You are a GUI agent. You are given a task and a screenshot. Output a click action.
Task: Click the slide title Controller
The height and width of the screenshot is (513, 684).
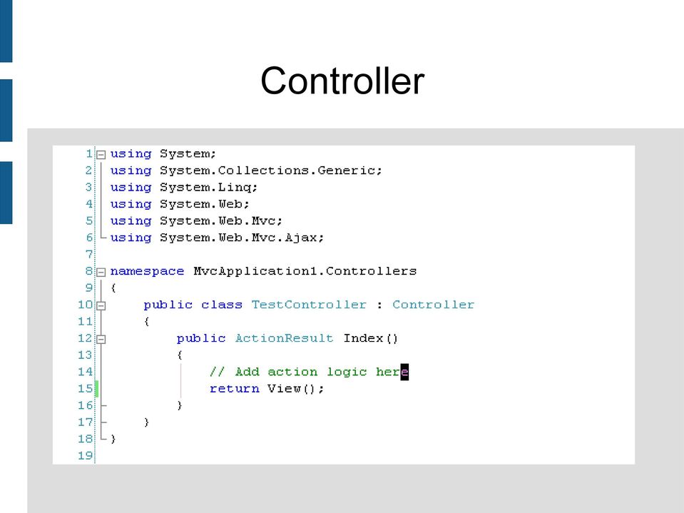coord(342,81)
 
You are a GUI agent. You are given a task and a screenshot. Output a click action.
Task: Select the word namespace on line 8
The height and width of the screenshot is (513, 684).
coord(147,271)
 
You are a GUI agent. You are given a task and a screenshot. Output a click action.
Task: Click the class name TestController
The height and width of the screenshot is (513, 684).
coord(309,305)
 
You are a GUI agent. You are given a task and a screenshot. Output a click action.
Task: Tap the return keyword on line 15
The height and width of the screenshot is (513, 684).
coord(234,388)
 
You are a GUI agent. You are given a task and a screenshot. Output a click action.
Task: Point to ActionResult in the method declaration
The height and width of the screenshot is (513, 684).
coord(284,338)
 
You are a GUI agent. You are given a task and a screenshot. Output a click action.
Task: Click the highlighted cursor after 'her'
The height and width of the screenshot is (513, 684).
coord(404,372)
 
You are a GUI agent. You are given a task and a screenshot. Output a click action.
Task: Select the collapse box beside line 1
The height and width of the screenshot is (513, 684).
coord(101,154)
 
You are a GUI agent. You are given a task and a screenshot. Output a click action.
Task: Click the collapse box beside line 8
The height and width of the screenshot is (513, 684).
coord(101,273)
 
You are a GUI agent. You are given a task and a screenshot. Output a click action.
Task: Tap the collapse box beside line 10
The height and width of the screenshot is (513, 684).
coord(101,306)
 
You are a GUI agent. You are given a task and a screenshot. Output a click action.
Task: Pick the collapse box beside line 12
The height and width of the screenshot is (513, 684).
coord(101,339)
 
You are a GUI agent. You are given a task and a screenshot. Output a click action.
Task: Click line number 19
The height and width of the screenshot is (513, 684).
coord(86,455)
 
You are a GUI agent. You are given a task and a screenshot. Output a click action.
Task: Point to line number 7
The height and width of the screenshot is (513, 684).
coord(89,254)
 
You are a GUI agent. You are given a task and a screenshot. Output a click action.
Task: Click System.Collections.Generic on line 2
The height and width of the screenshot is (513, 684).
coord(271,171)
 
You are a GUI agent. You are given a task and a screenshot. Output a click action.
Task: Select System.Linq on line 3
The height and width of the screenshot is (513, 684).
coord(208,188)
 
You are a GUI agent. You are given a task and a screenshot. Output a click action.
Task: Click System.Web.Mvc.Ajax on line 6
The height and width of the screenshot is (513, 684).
coord(242,238)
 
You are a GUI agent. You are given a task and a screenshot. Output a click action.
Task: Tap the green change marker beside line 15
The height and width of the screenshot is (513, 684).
coord(97,389)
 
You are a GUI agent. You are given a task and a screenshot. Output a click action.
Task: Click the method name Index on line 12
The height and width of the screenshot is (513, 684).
coord(363,338)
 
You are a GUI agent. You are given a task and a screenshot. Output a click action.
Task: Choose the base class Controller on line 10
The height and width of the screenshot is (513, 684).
coord(433,305)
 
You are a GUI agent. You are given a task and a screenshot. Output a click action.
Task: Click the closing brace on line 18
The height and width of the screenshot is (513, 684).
coord(113,439)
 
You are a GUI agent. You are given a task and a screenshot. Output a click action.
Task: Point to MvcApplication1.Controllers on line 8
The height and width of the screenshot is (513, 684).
coord(305,271)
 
